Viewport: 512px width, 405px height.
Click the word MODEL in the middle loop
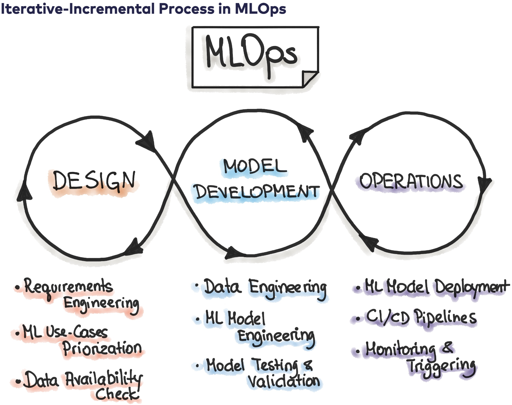(x=255, y=167)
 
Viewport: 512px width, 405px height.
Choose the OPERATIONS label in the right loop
(x=411, y=181)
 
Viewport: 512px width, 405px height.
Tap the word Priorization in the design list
(x=102, y=349)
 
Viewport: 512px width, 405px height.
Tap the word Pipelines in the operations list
(x=445, y=317)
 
